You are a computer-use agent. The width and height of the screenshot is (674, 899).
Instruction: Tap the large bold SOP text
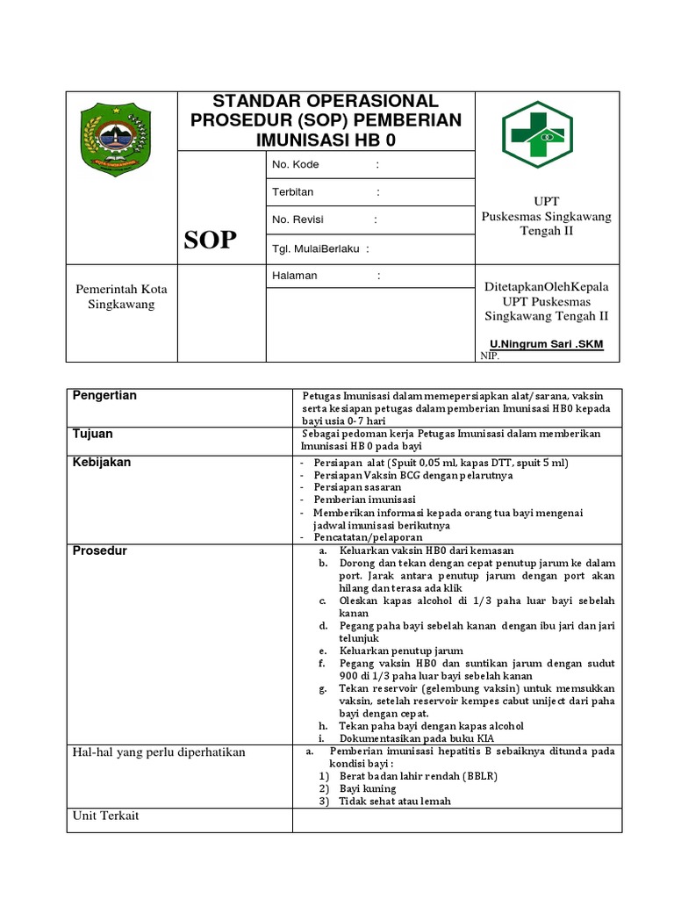[210, 241]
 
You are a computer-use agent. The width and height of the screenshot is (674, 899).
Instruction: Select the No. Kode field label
[296, 164]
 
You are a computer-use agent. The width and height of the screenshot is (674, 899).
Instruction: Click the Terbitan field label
[293, 191]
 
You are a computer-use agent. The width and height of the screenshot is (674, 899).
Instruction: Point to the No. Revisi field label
[298, 219]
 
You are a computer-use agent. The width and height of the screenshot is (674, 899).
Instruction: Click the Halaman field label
[295, 276]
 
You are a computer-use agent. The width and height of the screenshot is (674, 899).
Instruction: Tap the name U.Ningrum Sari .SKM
[546, 343]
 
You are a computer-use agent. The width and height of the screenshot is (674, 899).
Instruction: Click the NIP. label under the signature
[490, 356]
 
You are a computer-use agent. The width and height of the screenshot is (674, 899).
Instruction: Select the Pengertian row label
[104, 396]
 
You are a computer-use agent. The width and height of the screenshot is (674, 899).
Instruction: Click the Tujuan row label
[92, 434]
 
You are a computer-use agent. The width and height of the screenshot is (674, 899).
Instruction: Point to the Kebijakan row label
[102, 462]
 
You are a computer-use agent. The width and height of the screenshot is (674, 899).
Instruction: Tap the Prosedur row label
[100, 550]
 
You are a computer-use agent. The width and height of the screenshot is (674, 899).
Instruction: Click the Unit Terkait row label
[105, 816]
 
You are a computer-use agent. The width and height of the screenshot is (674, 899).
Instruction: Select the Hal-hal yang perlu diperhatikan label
[159, 752]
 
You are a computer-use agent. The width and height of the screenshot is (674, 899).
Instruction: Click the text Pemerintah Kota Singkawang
[121, 297]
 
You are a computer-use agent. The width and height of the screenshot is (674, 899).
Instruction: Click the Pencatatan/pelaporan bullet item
[368, 536]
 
